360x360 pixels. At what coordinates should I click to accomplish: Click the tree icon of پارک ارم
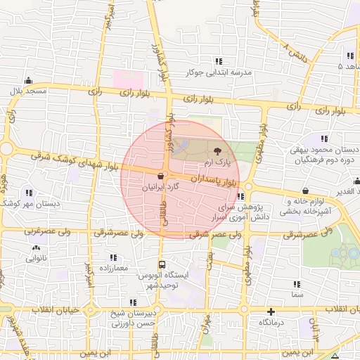click(216, 151)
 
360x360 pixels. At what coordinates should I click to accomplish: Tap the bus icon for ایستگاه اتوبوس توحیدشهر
click(162, 265)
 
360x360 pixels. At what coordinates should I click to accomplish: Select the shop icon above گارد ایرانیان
click(162, 176)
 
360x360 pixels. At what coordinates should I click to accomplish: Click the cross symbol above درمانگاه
click(271, 311)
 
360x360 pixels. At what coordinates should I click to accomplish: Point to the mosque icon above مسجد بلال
click(28, 80)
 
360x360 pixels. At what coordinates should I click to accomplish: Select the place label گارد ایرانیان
click(162, 188)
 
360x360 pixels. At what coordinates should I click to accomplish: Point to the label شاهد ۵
click(349, 67)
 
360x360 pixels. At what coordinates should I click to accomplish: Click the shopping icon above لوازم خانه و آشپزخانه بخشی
click(305, 191)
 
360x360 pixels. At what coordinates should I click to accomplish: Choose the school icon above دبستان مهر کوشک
click(29, 193)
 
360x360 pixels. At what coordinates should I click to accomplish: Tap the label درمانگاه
click(271, 321)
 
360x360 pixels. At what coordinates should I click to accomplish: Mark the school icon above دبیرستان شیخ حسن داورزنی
click(133, 302)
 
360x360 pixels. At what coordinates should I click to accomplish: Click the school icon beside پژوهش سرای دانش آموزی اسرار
click(240, 196)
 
